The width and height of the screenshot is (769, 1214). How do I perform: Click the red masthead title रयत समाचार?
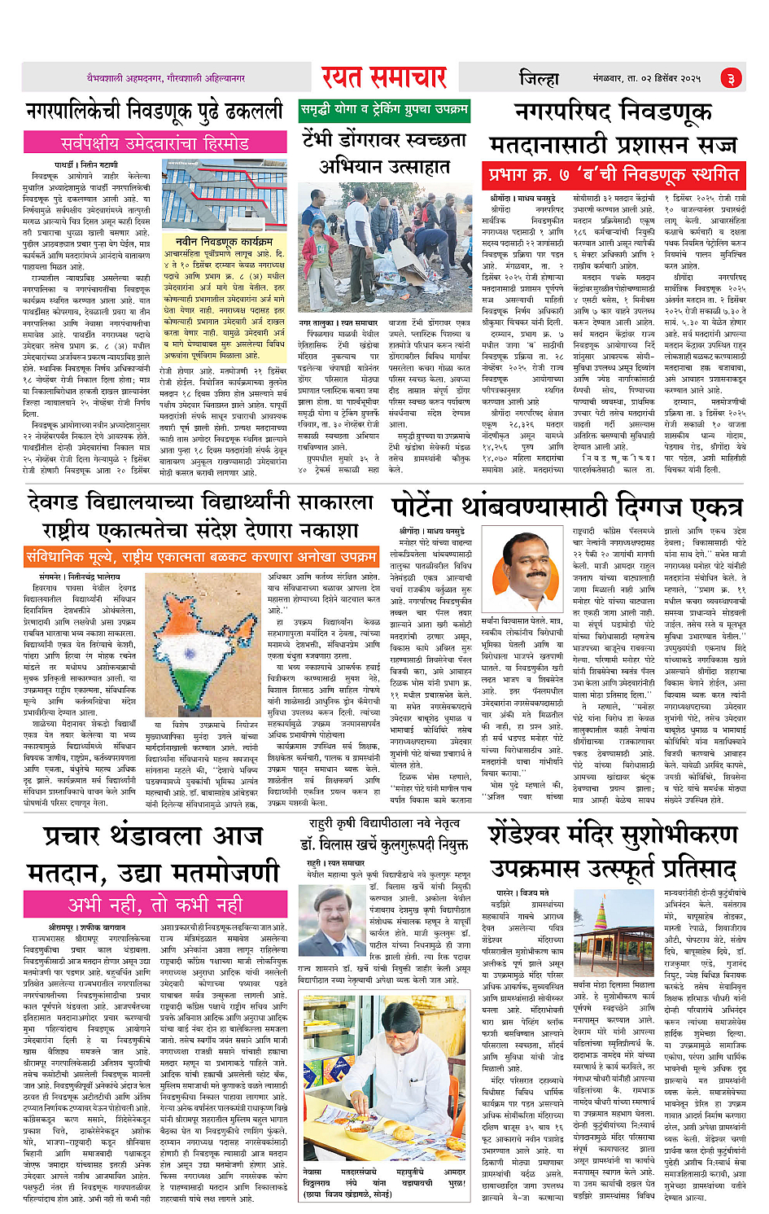pos(383,77)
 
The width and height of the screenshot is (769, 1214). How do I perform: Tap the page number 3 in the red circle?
pos(730,78)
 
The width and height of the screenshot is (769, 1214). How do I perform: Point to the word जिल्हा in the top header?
pos(539,78)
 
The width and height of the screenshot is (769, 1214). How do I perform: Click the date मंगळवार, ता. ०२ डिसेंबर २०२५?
pos(646,78)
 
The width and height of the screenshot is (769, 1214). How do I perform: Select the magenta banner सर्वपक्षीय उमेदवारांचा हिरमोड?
pos(155,144)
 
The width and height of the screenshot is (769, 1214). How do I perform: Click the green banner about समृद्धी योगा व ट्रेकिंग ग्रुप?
pos(384,110)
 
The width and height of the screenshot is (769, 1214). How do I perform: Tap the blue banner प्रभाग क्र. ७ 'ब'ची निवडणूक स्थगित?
pos(614,175)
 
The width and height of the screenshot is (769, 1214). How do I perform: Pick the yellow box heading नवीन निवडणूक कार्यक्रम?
pos(224,241)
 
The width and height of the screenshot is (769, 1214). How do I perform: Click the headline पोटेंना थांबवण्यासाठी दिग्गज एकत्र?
pos(567,507)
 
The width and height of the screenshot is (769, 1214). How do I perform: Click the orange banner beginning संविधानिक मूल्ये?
pos(202,557)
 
